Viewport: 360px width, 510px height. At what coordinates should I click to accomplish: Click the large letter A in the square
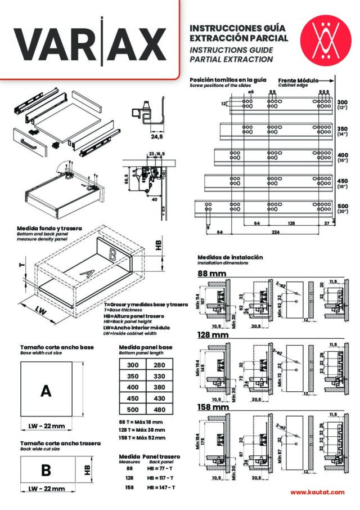coord(46,391)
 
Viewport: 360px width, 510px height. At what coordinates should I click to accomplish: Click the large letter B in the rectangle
coord(46,469)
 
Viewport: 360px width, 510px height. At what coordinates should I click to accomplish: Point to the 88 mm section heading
coord(211,274)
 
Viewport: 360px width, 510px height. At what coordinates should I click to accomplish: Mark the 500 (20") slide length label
coord(343,209)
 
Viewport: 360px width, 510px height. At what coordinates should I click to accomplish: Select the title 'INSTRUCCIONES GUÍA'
coord(238,27)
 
